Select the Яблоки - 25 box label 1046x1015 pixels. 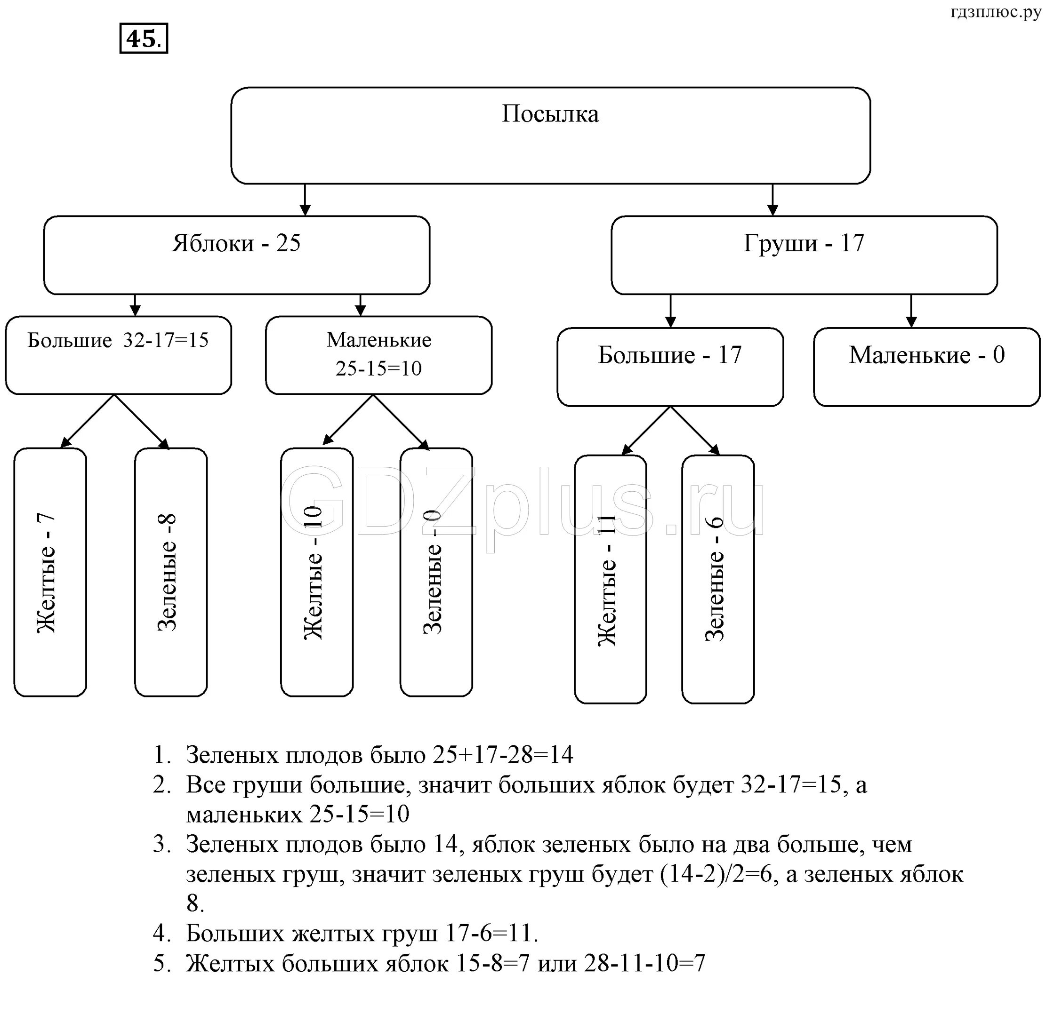(x=236, y=243)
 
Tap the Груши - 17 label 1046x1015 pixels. (x=804, y=243)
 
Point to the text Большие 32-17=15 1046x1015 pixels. (x=118, y=340)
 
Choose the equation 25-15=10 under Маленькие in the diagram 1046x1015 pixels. (x=378, y=368)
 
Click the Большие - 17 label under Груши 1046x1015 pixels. (x=670, y=355)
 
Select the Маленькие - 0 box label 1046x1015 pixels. (x=926, y=355)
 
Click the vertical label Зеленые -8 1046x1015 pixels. (x=167, y=572)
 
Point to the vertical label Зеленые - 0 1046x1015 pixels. (x=432, y=572)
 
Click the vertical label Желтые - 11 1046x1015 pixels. (x=607, y=580)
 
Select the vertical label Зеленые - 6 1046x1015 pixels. (x=715, y=579)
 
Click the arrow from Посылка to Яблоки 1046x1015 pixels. (x=305, y=200)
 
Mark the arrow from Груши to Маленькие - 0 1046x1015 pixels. (x=911, y=311)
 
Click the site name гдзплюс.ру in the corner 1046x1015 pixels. (x=996, y=12)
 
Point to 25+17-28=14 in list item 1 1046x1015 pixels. (x=503, y=755)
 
